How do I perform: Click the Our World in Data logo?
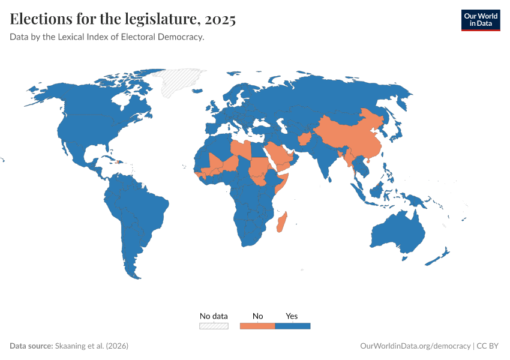point(480,20)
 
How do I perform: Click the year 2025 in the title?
point(220,19)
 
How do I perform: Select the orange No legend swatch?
point(257,326)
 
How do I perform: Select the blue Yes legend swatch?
point(292,326)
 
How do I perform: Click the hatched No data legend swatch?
point(214,326)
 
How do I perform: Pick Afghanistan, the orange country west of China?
point(304,139)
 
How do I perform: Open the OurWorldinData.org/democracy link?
point(415,346)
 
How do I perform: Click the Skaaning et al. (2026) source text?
point(91,346)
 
